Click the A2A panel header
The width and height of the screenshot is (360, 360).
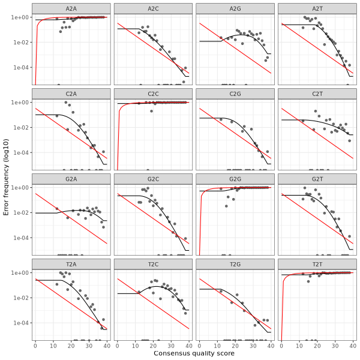pyautogui.click(x=71, y=8)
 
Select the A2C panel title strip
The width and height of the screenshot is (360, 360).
pyautogui.click(x=153, y=8)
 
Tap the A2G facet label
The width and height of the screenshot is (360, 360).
pyautogui.click(x=235, y=8)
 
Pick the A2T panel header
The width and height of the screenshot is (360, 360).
pyautogui.click(x=317, y=8)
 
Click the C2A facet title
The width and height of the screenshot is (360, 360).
pyautogui.click(x=71, y=94)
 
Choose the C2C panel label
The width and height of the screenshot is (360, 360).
pyautogui.click(x=153, y=94)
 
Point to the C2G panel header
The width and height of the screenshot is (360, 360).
pyautogui.click(x=235, y=94)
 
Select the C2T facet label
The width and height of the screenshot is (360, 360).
pyautogui.click(x=317, y=94)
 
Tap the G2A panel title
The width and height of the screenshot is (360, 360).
pyautogui.click(x=71, y=179)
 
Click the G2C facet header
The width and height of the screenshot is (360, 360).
pyautogui.click(x=153, y=179)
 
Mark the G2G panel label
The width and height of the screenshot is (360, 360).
pyautogui.click(x=235, y=179)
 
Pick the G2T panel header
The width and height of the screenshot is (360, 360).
pyautogui.click(x=317, y=179)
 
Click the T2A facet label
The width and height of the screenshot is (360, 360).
pyautogui.click(x=71, y=264)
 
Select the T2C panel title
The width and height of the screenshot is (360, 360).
pyautogui.click(x=153, y=264)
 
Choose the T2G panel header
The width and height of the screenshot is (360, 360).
pyautogui.click(x=235, y=264)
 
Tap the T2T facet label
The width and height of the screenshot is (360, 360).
pyautogui.click(x=317, y=264)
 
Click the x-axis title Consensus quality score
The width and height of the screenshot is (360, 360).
pyautogui.click(x=194, y=354)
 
